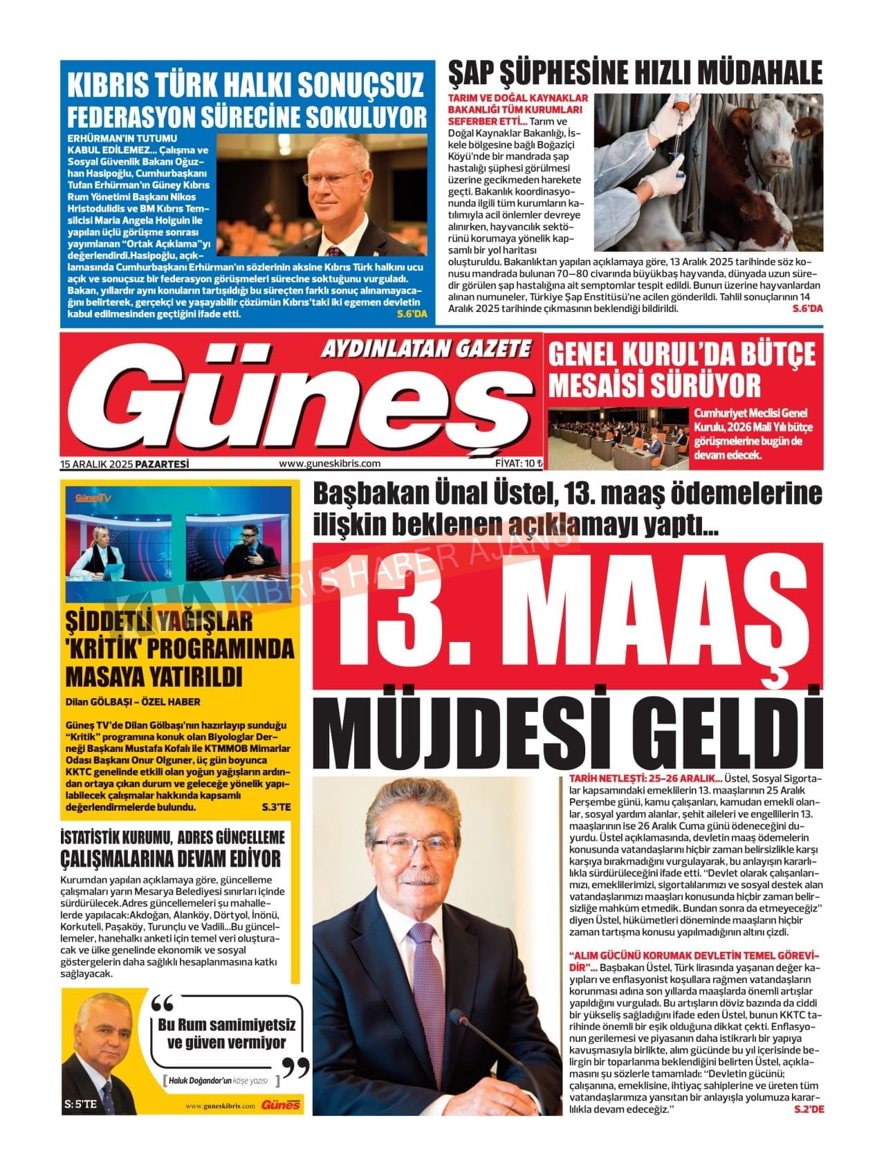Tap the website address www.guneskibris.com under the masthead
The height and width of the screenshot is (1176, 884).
pyautogui.click(x=329, y=464)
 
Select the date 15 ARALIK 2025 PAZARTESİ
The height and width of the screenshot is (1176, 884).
pyautogui.click(x=125, y=464)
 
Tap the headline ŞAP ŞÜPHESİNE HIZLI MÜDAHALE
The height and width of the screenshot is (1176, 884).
pyautogui.click(x=635, y=73)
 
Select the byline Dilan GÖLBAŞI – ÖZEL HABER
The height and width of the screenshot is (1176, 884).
pyautogui.click(x=133, y=702)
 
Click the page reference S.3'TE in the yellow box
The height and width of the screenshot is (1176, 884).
pyautogui.click(x=277, y=807)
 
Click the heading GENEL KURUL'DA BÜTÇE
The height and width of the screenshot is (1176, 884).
pyautogui.click(x=681, y=355)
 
